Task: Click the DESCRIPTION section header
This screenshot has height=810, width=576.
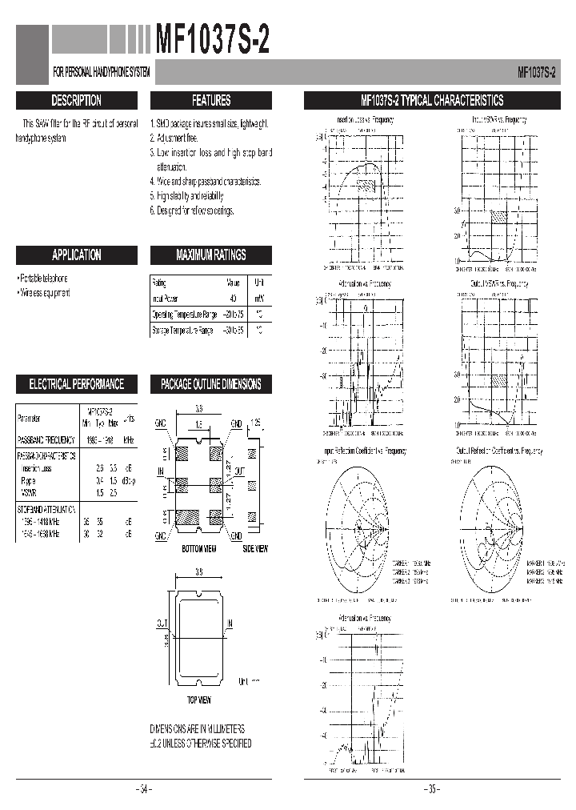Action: [77, 101]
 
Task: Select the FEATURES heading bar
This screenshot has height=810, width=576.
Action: [211, 101]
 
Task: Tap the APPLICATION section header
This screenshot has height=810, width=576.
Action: [77, 255]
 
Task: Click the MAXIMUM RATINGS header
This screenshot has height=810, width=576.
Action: [211, 255]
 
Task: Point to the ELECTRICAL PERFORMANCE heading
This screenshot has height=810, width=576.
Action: [77, 384]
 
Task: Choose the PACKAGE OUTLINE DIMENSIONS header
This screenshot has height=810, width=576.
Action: [211, 384]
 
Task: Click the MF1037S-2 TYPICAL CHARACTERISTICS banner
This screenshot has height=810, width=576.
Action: [432, 101]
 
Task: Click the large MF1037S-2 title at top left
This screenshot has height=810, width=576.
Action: [212, 40]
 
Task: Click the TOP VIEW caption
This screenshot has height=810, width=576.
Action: [198, 700]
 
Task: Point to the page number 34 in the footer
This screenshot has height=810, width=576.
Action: [144, 789]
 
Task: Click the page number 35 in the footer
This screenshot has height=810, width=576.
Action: [432, 789]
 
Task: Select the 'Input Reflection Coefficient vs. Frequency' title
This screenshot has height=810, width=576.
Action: [365, 451]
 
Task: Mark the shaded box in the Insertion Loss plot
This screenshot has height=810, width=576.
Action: [366, 184]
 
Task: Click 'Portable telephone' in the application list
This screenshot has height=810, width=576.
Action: [44, 278]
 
